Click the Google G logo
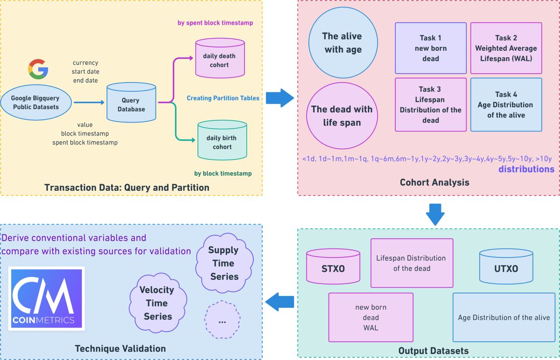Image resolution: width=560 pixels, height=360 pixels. (38, 69)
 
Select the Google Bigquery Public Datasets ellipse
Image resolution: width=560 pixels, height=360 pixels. (36, 103)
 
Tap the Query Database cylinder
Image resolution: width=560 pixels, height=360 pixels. (131, 103)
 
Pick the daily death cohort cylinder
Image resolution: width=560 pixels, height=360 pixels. (220, 58)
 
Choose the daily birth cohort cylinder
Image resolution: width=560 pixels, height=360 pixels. (222, 140)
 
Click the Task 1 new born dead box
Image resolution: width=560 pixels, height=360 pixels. (431, 48)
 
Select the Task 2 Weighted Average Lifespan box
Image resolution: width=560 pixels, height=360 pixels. (506, 48)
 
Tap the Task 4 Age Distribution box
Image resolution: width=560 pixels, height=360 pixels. (506, 104)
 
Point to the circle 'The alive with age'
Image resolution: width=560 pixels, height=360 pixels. (343, 43)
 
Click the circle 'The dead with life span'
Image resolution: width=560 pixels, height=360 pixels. (342, 116)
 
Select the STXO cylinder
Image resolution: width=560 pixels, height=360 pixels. (333, 266)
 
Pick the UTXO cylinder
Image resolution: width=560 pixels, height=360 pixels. (506, 266)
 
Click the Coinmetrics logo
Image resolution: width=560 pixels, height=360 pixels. (47, 298)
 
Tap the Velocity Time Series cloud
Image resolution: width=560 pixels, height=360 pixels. (158, 303)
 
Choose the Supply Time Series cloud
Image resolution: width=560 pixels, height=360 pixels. (224, 263)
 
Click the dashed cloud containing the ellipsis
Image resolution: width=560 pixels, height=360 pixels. (222, 319)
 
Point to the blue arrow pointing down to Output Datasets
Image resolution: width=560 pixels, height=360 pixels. (435, 215)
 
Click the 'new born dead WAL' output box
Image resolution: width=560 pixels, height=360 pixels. (371, 317)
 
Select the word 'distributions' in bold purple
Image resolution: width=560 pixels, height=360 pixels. (526, 169)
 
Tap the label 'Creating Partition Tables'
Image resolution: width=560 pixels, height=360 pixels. (223, 98)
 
